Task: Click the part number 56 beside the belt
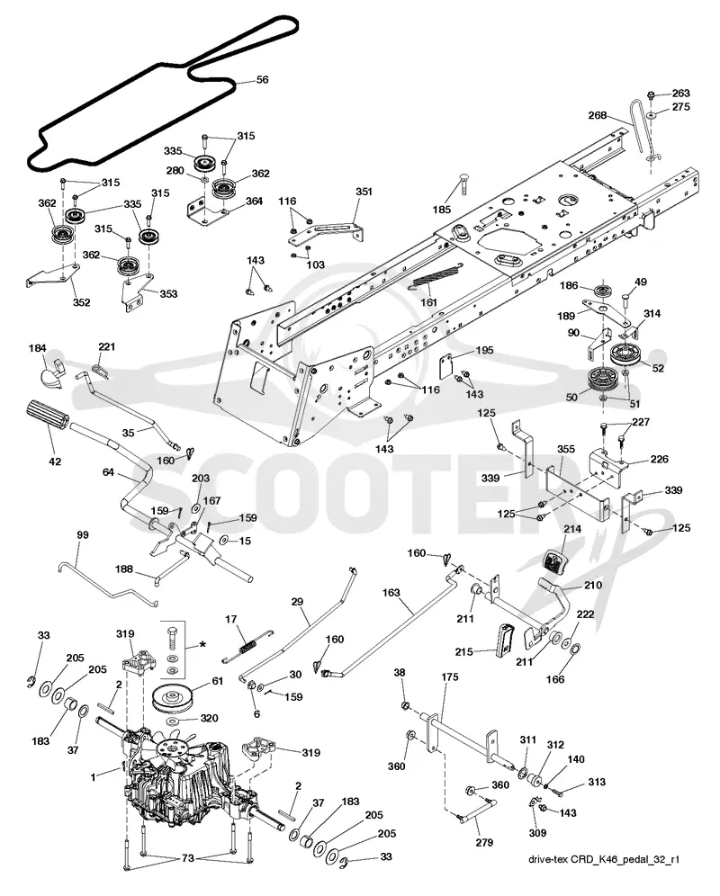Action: pyautogui.click(x=262, y=80)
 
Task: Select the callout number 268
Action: pyautogui.click(x=598, y=115)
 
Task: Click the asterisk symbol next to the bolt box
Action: pyautogui.click(x=202, y=646)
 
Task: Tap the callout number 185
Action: pyautogui.click(x=442, y=210)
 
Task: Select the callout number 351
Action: pyautogui.click(x=364, y=192)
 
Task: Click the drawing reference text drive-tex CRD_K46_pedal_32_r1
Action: pyautogui.click(x=604, y=859)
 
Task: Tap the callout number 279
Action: pyautogui.click(x=484, y=842)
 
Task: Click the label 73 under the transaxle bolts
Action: pyautogui.click(x=187, y=857)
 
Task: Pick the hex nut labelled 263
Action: pyautogui.click(x=652, y=94)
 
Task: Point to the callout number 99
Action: pyautogui.click(x=83, y=535)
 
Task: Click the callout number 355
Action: pyautogui.click(x=565, y=449)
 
